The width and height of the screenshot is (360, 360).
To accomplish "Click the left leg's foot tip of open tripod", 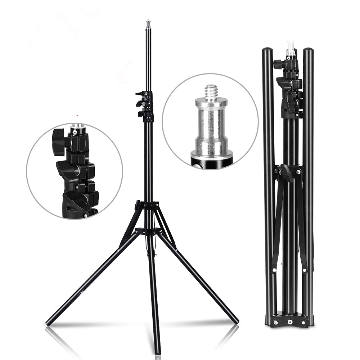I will (48, 323).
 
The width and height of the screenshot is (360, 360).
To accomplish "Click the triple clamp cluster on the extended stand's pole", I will (145, 104).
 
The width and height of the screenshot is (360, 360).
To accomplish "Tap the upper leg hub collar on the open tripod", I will (147, 206).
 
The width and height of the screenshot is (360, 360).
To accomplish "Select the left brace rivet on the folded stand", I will (274, 270).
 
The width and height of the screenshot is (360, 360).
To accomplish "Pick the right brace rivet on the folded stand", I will (305, 270).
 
